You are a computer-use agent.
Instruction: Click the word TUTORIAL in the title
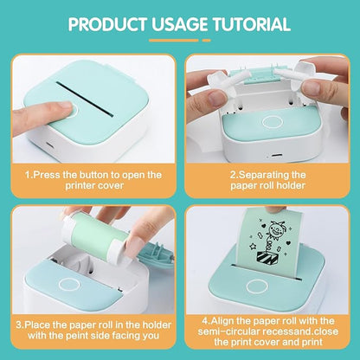pyautogui.click(x=257, y=23)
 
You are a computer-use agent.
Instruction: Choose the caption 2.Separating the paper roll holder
pyautogui.click(x=270, y=178)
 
